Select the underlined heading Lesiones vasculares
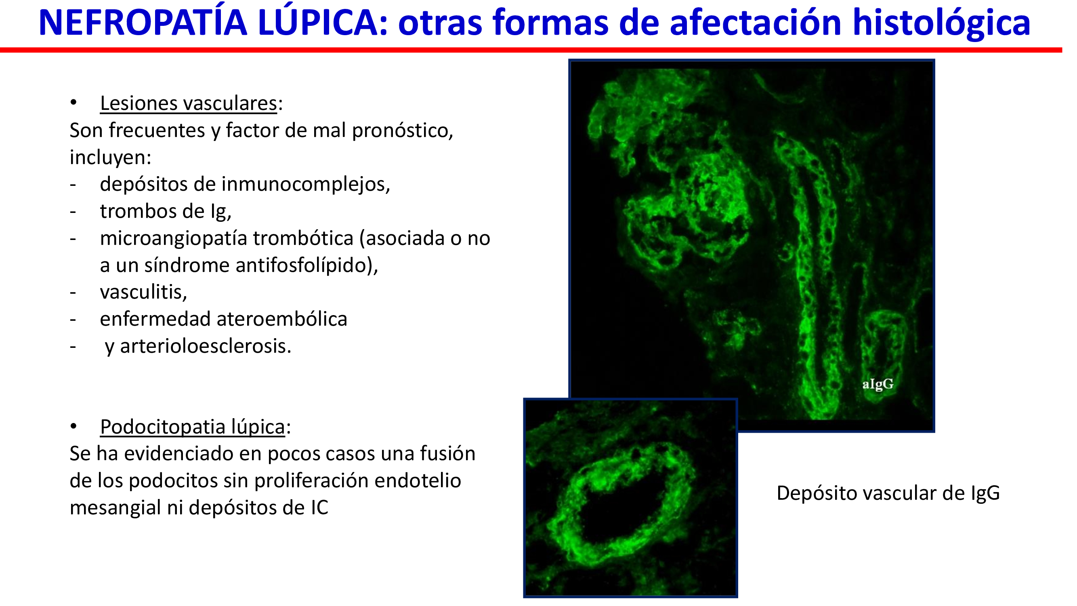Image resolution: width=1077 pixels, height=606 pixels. (x=189, y=103)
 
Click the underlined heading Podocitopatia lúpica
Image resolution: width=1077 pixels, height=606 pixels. (x=193, y=427)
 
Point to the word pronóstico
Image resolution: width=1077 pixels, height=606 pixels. (x=402, y=130)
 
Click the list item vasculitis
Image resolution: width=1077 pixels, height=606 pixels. (x=143, y=292)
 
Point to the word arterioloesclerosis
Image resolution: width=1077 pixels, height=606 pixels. (x=206, y=346)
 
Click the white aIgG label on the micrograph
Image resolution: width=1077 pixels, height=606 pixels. (x=878, y=384)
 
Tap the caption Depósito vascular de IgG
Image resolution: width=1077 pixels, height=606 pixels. (x=888, y=493)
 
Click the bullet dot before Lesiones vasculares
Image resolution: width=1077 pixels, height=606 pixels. (x=73, y=103)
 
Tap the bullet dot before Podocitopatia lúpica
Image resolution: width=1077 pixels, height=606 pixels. (x=73, y=426)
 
